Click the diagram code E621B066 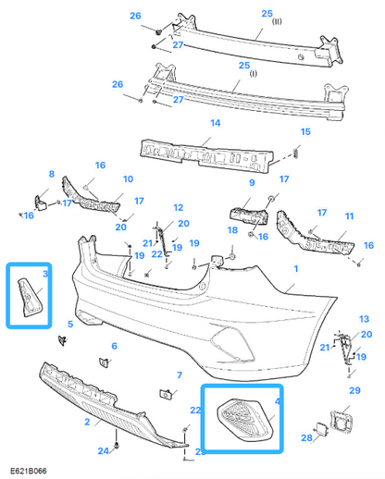tap(30, 470)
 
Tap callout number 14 tap(215, 122)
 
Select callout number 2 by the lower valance tap(86, 422)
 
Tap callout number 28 tap(305, 436)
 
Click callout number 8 tap(52, 173)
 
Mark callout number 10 tap(129, 178)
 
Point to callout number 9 tap(250, 184)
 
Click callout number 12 tap(178, 208)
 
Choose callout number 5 tap(69, 324)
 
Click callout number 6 tap(114, 346)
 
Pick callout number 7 tap(180, 375)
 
